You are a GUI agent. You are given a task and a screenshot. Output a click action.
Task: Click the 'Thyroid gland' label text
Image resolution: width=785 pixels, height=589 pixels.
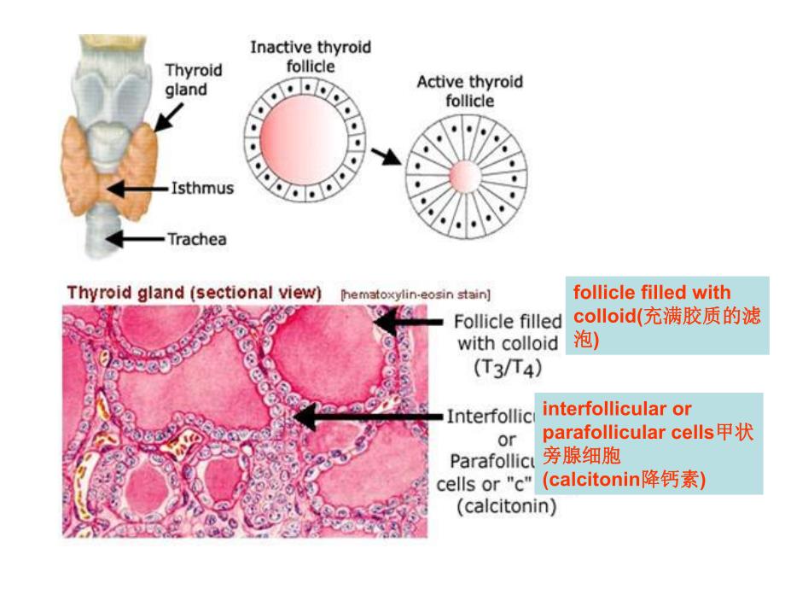192,79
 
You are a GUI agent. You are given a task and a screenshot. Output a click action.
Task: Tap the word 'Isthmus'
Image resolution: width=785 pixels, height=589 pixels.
202,188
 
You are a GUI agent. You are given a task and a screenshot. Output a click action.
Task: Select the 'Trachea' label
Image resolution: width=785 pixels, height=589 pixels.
196,239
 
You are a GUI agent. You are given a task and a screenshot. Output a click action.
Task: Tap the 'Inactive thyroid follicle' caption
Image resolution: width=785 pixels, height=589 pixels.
310,55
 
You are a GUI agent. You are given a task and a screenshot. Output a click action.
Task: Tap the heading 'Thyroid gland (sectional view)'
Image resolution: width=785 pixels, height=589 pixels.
194,293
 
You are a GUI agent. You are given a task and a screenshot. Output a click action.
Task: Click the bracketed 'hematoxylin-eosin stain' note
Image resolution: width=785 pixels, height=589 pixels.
415,295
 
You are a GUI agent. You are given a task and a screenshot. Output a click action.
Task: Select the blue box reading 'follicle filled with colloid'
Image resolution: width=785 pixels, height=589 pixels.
667,316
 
